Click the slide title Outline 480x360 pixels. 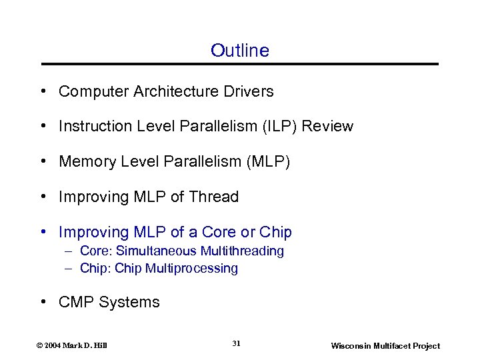tap(240, 51)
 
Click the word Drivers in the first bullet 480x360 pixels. tap(249, 91)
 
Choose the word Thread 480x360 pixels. tap(213, 197)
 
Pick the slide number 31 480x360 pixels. tap(236, 343)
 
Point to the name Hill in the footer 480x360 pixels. tap(100, 346)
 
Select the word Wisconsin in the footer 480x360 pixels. tap(351, 346)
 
